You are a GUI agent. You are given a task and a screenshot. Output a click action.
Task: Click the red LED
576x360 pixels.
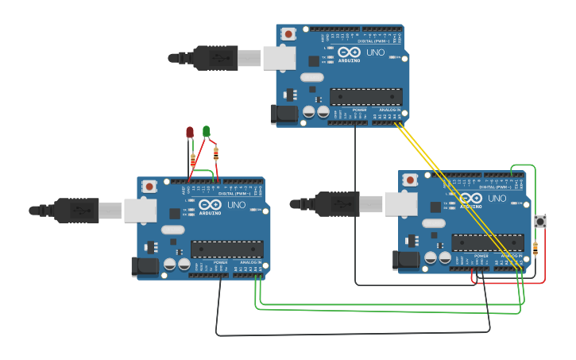coord(189,133)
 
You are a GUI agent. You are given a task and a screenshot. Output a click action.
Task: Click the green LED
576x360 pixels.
coord(207,131)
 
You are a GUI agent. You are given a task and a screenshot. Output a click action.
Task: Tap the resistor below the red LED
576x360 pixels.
coord(191,161)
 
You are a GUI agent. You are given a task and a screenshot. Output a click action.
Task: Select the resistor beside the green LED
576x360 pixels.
coord(216,153)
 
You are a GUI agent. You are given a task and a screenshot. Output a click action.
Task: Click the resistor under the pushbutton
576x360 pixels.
coord(535,249)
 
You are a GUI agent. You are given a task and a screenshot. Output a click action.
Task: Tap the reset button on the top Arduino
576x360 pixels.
coord(288,34)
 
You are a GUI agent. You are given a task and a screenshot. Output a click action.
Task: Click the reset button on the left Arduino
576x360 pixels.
coord(149,187)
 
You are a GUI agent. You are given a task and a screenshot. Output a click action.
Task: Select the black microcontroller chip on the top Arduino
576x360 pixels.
coord(365,97)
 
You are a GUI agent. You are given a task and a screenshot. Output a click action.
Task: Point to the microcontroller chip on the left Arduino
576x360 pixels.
coord(226,250)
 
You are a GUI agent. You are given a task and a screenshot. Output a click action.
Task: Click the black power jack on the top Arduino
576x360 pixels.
coord(283,114)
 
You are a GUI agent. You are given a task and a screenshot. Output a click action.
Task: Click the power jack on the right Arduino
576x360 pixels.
coord(405,259)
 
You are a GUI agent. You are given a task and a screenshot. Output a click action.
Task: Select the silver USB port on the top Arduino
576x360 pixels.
coord(279,57)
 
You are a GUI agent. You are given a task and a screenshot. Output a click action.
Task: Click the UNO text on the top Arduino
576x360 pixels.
coord(375,52)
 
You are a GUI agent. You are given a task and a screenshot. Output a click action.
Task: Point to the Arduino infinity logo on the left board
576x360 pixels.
coord(211,205)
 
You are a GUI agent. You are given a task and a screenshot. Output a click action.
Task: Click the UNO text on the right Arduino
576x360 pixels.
coord(497,198)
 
